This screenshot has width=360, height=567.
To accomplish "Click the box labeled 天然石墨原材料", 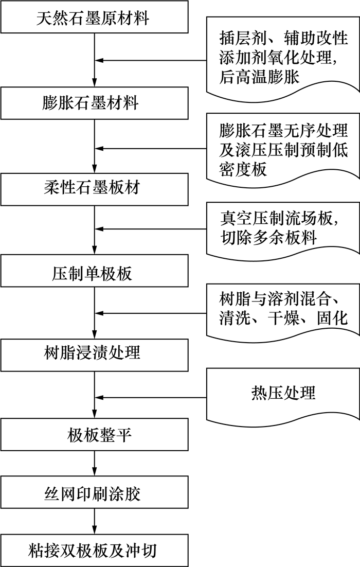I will click(x=93, y=20).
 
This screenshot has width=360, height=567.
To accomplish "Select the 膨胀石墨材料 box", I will click(x=93, y=103).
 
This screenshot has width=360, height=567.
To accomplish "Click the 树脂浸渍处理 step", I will click(x=93, y=353).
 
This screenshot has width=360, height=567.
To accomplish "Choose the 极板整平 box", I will click(x=93, y=437).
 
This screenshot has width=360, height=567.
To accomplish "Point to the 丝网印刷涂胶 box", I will click(x=93, y=494).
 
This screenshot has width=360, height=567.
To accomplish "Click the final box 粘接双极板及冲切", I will click(x=93, y=552).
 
